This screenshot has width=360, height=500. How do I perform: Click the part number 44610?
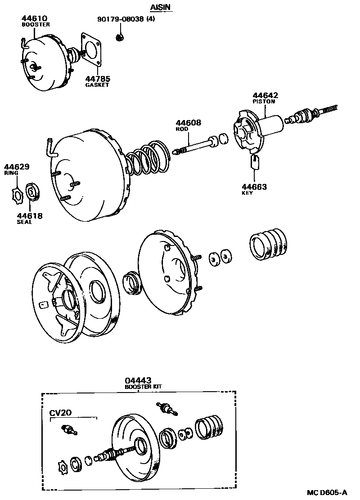point(33,18)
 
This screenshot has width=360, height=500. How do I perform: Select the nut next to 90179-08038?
point(120,37)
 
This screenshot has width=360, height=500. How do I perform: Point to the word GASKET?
point(97,85)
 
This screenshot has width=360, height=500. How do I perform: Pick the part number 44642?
point(265,95)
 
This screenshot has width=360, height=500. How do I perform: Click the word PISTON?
point(264,102)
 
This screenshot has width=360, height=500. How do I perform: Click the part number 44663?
point(254,187)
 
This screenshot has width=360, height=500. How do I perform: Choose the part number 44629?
point(17,167)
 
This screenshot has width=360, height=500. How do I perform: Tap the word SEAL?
point(25,222)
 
